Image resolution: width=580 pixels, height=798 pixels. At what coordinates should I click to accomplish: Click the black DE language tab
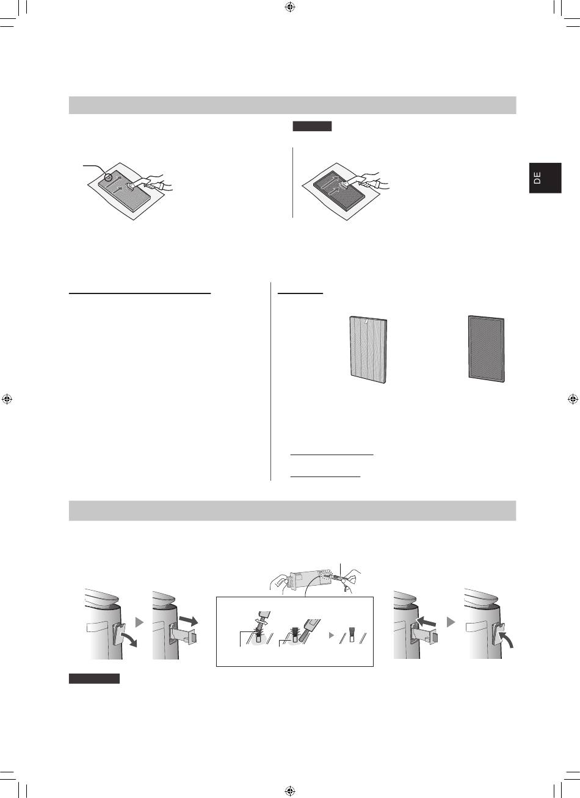pyautogui.click(x=545, y=178)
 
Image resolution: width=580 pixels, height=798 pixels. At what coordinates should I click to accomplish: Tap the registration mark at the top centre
pyautogui.click(x=290, y=7)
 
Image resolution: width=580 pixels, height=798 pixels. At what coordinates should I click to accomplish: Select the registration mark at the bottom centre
pyautogui.click(x=290, y=791)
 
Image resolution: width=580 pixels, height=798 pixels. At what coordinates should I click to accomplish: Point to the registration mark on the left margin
pyautogui.click(x=7, y=399)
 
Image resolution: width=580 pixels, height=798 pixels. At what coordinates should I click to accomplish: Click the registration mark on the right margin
pyautogui.click(x=573, y=399)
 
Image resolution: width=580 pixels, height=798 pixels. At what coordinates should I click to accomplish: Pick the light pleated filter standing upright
pyautogui.click(x=368, y=350)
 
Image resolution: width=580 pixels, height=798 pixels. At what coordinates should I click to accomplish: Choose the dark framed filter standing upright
pyautogui.click(x=486, y=349)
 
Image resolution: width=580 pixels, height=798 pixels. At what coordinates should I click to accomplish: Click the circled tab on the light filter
pyautogui.click(x=108, y=176)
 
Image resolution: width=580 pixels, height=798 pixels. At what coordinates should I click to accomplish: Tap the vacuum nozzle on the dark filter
pyautogui.click(x=346, y=185)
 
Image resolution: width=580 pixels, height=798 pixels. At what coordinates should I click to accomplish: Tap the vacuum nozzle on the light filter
pyautogui.click(x=131, y=185)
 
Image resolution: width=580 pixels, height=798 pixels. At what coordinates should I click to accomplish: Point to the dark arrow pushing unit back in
pyautogui.click(x=426, y=623)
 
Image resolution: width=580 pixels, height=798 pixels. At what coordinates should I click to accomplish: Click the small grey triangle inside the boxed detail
pyautogui.click(x=331, y=635)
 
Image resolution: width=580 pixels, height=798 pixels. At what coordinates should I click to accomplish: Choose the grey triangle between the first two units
pyautogui.click(x=139, y=622)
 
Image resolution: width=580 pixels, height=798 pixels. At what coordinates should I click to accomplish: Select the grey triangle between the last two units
pyautogui.click(x=451, y=622)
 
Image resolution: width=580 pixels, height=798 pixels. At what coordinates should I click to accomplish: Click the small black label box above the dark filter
pyautogui.click(x=312, y=126)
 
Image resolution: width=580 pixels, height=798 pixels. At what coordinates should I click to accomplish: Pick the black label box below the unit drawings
pyautogui.click(x=94, y=678)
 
